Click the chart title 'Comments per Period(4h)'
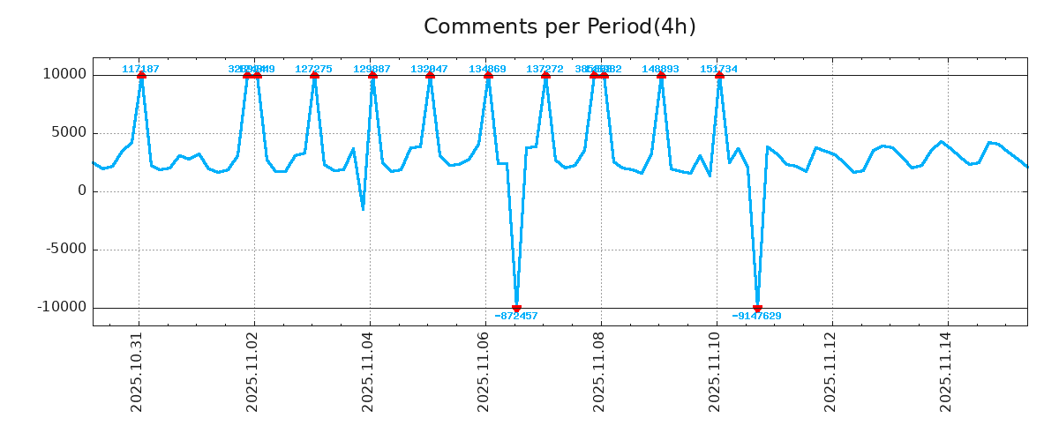pos(560,27)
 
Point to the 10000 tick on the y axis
pos(64,75)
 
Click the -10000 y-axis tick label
pos(62,308)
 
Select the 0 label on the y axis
pos(82,191)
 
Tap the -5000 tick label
pos(65,250)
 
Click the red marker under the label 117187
pos(141,76)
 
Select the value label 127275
pos(313,69)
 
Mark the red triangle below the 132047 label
pos(430,76)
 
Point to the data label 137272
pos(545,69)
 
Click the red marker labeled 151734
pos(719,76)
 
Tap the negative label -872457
pos(516,316)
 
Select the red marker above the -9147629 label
pos(757,308)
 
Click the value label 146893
pos(660,69)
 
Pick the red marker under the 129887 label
pos(372,76)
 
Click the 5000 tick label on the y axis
pos(69,133)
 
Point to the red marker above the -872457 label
pos(516,308)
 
